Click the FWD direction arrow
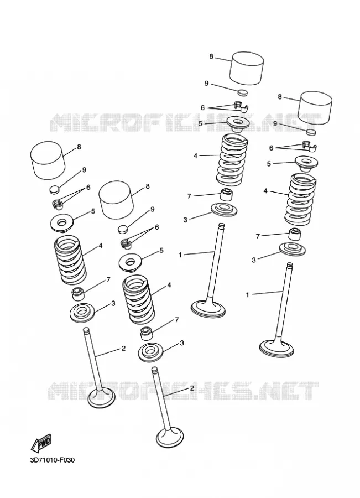(41, 443)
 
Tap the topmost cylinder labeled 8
(247, 69)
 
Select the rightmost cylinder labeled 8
(316, 107)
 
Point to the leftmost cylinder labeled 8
(48, 160)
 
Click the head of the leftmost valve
(102, 398)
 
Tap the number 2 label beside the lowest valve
(192, 388)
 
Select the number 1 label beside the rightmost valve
(248, 295)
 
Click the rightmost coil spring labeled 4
(300, 199)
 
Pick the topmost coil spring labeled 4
(233, 160)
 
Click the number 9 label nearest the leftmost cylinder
(84, 170)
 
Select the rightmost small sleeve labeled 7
(295, 234)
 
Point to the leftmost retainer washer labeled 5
(62, 224)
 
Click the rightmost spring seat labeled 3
(293, 248)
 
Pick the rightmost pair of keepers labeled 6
(309, 146)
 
